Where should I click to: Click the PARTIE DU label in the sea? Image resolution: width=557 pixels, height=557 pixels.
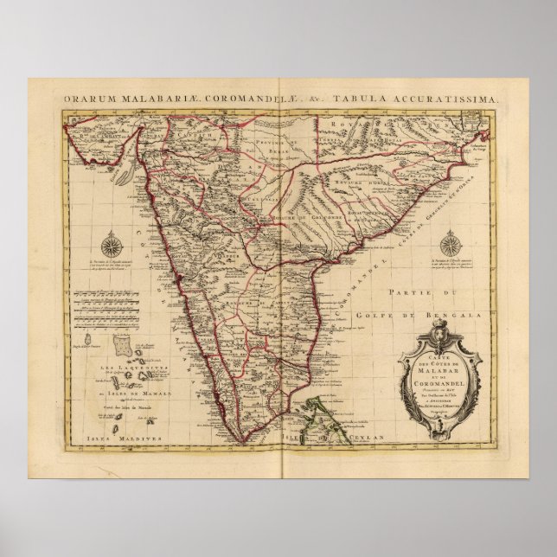point(419,293)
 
